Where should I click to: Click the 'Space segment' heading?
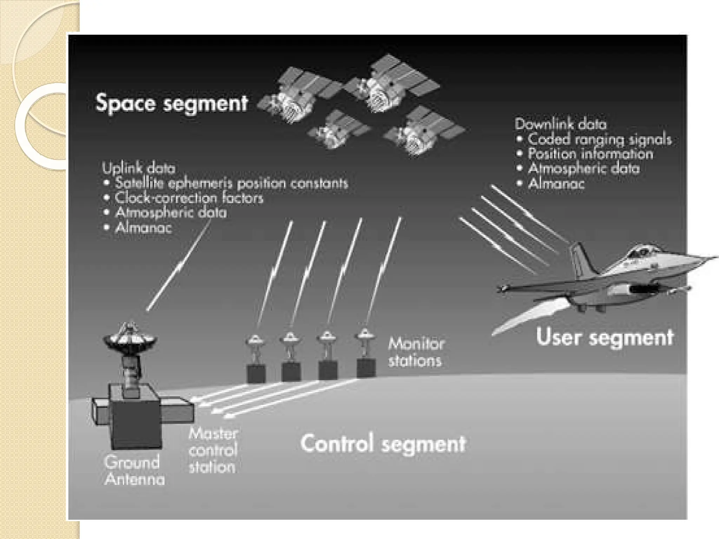coord(172,103)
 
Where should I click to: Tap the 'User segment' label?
coord(605,337)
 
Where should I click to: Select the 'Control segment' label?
coord(383,444)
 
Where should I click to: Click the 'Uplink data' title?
coord(139,168)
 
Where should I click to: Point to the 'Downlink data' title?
coord(561,124)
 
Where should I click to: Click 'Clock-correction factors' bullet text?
coord(189,198)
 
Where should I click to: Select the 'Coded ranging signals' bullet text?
coord(600,139)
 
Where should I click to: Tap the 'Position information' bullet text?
coord(591,154)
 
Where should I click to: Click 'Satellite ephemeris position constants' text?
coord(231,183)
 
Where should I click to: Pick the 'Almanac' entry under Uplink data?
coord(144,228)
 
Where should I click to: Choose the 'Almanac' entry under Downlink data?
coord(556,184)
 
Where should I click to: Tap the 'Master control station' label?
coord(213,451)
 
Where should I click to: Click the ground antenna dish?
coord(130,338)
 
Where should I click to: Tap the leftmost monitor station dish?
coord(256,340)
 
